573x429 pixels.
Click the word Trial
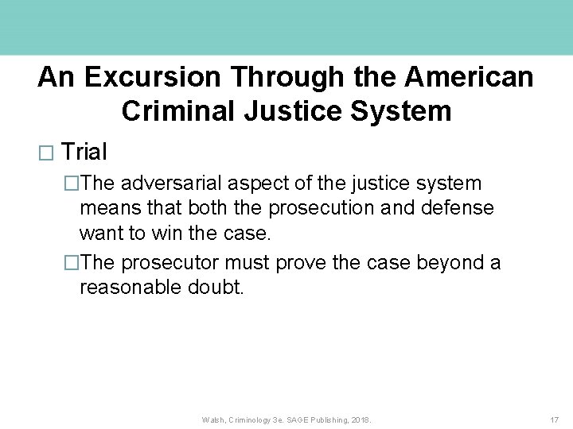click(x=84, y=151)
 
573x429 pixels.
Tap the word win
click(x=173, y=234)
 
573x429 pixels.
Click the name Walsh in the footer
click(x=214, y=419)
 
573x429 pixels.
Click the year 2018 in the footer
click(x=361, y=419)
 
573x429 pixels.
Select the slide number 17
click(x=554, y=419)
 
